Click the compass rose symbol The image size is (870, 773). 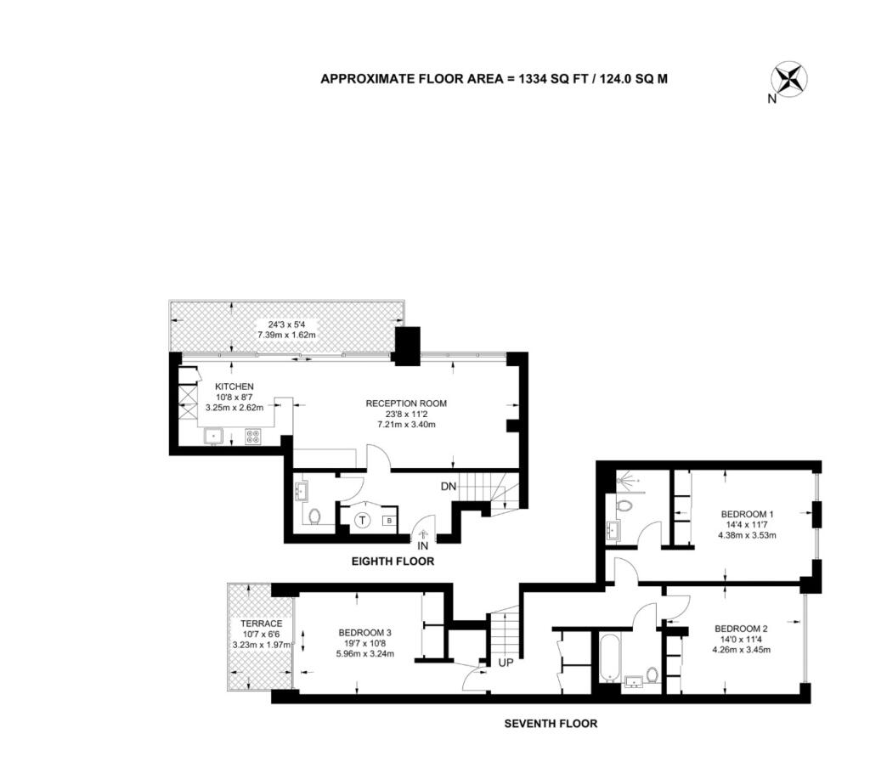point(789,79)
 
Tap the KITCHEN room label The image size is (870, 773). point(234,386)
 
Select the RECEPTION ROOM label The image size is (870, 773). point(406,403)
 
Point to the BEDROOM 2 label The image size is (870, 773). point(741,629)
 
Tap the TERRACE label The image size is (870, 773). point(262,623)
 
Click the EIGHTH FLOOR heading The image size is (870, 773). point(393,561)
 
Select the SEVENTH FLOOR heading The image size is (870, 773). point(551,724)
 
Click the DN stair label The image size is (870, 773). point(449,487)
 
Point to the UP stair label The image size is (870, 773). point(506,663)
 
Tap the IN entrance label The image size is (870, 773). point(423,546)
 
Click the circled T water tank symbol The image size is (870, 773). point(362,521)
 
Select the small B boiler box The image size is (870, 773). point(389,521)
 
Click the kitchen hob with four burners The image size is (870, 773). point(253,437)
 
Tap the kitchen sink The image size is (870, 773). point(213,436)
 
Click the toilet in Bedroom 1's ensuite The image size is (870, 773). point(624,506)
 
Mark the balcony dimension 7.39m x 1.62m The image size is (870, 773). point(286,336)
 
